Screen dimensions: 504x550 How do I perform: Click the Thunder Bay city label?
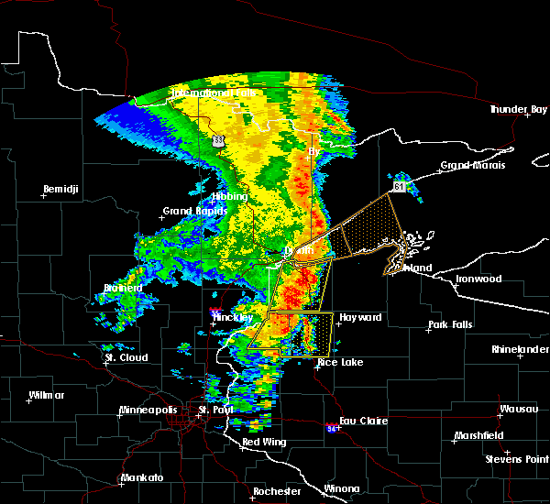point(519,109)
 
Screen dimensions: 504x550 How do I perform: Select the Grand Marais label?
point(467,166)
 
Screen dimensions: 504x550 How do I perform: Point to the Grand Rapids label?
point(190,212)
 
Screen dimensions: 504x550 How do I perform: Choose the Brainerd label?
point(122,288)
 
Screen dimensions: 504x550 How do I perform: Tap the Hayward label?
point(359,317)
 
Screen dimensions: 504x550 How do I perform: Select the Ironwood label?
point(478,279)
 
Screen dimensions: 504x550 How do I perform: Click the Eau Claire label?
point(364,421)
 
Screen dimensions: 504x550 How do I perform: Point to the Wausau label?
point(518,409)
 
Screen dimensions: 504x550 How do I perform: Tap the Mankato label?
point(141,478)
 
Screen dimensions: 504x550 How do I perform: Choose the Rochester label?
point(277,491)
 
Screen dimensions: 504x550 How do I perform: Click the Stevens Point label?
point(517,457)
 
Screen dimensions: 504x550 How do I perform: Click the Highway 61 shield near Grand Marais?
point(399,186)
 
